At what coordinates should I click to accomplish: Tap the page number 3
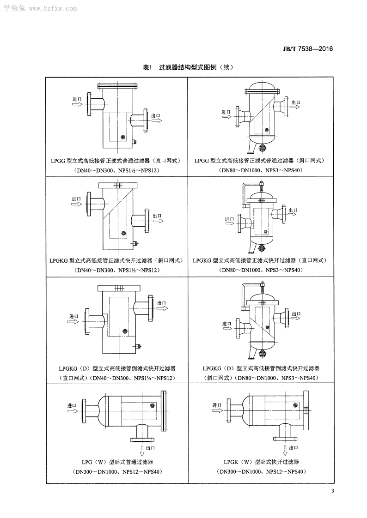click(332, 490)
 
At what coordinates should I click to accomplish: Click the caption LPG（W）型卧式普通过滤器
click(117, 462)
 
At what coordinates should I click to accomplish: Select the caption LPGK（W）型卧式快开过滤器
click(261, 462)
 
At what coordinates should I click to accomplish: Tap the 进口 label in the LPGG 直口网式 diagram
click(77, 99)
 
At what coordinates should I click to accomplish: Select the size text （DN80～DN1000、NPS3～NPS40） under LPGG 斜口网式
click(261, 170)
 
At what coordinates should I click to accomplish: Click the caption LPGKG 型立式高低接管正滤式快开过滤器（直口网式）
click(260, 260)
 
